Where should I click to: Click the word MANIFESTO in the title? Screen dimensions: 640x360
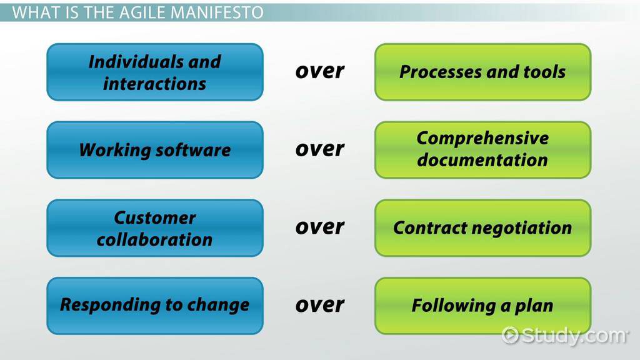tap(217, 12)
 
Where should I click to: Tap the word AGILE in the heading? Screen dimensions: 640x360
tap(143, 12)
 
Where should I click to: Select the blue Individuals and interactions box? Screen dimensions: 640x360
tap(155, 72)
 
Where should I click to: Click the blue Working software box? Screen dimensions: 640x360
tap(155, 150)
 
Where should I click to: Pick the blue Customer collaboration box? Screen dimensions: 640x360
tap(155, 228)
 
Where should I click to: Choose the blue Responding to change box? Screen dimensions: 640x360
tap(155, 306)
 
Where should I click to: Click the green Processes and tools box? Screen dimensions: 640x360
tap(483, 72)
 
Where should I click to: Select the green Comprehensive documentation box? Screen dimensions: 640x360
tap(483, 150)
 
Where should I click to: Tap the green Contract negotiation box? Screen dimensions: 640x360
tap(483, 228)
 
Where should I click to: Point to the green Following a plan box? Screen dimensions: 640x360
tap(483, 306)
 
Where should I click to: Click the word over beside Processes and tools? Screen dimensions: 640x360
tap(319, 71)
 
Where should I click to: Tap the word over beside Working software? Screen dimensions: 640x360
tap(319, 149)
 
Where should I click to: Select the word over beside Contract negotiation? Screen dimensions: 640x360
tap(319, 227)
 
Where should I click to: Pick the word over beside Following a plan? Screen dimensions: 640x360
tap(319, 305)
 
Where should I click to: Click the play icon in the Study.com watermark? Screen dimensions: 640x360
tap(510, 336)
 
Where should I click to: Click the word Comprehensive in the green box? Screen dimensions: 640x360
tap(483, 139)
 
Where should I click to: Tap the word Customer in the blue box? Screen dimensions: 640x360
tap(155, 217)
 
